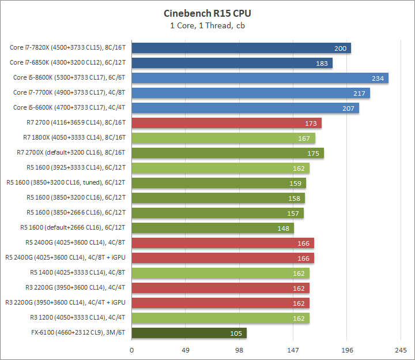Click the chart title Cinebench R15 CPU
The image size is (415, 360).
(x=207, y=13)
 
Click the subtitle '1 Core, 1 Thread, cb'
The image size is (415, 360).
(x=207, y=25)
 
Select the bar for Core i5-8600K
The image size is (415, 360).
(x=260, y=78)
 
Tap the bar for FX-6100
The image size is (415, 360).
(x=189, y=333)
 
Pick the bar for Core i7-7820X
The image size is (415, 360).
(x=242, y=48)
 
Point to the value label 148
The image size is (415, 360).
(x=283, y=228)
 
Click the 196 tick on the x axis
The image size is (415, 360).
(x=346, y=350)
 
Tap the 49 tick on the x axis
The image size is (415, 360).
(x=186, y=350)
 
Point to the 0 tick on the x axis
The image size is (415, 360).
(x=132, y=350)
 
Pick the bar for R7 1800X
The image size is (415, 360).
(x=224, y=138)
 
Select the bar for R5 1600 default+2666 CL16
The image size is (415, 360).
(x=213, y=228)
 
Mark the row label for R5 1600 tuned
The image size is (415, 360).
(x=66, y=183)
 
